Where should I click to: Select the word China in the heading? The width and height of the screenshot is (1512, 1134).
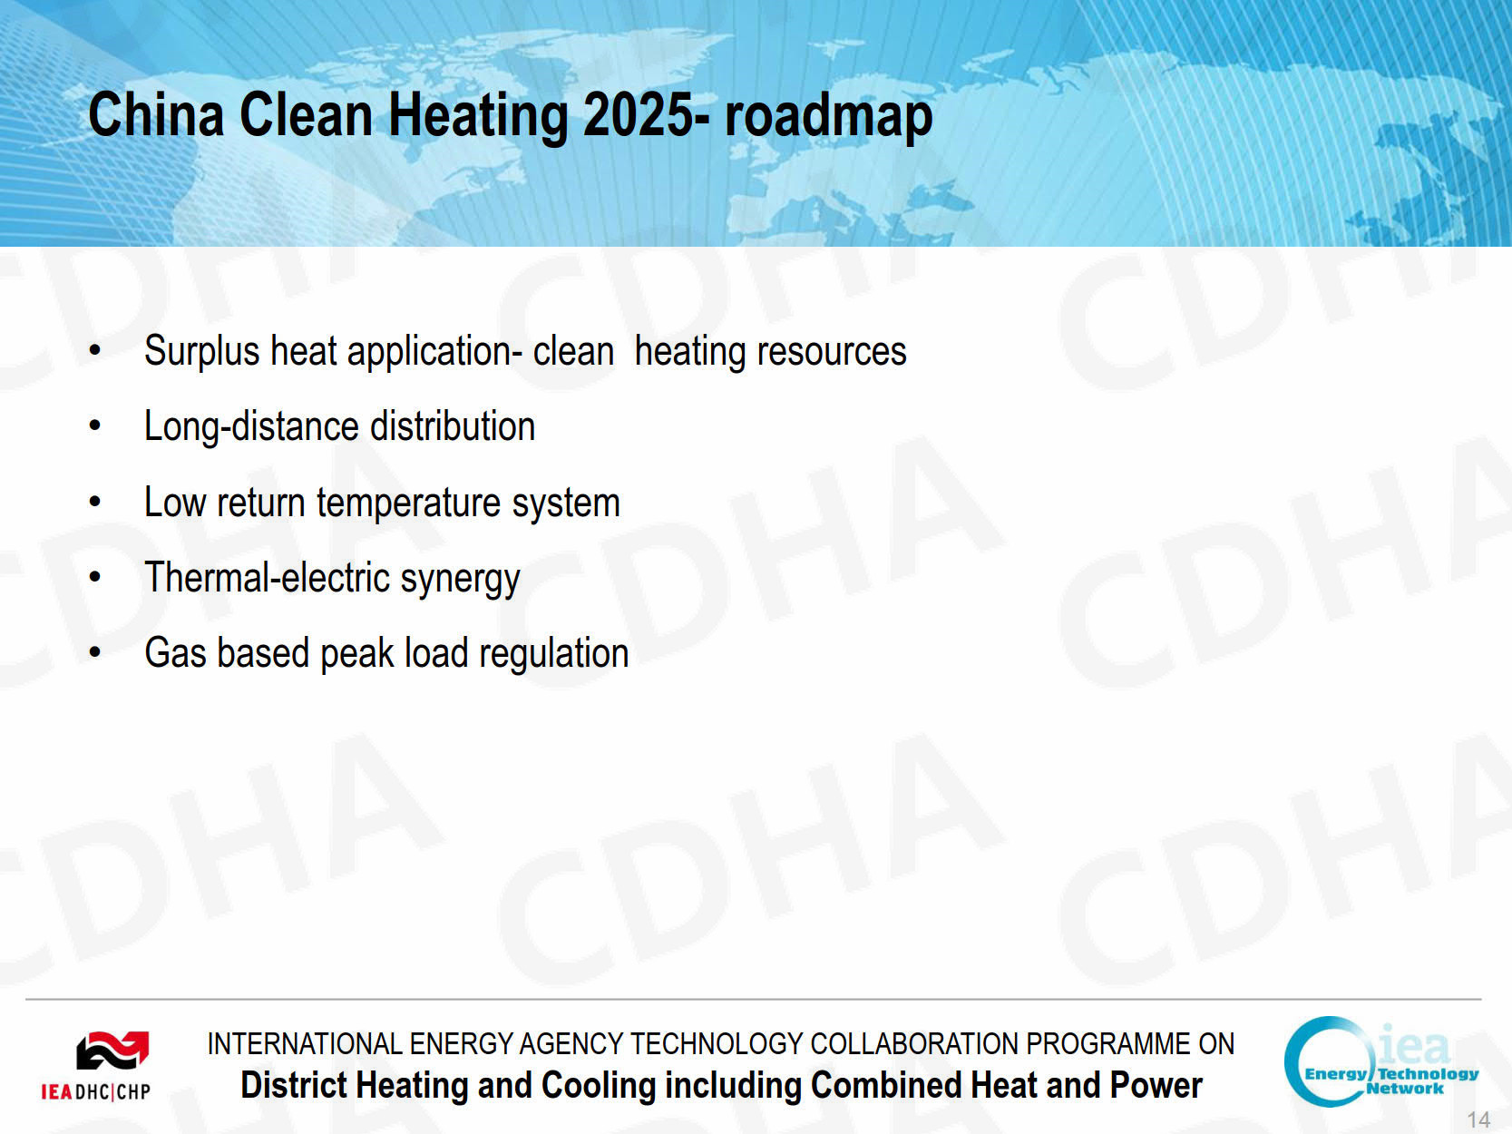[x=156, y=114]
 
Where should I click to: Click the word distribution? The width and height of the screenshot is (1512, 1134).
[x=453, y=425]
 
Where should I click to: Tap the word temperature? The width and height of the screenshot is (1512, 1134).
[x=408, y=503]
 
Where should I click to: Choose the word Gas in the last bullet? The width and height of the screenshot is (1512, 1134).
[x=175, y=652]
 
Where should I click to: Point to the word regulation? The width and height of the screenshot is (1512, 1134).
[x=554, y=654]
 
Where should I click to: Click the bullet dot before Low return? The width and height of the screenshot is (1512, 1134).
[x=95, y=502]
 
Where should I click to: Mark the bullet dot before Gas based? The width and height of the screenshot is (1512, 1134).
[x=95, y=651]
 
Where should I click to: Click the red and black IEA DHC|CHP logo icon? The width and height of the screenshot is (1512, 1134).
[x=113, y=1051]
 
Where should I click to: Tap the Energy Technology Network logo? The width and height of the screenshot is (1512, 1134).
[x=1380, y=1061]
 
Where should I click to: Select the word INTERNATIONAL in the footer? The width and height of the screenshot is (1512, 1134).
[x=305, y=1044]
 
